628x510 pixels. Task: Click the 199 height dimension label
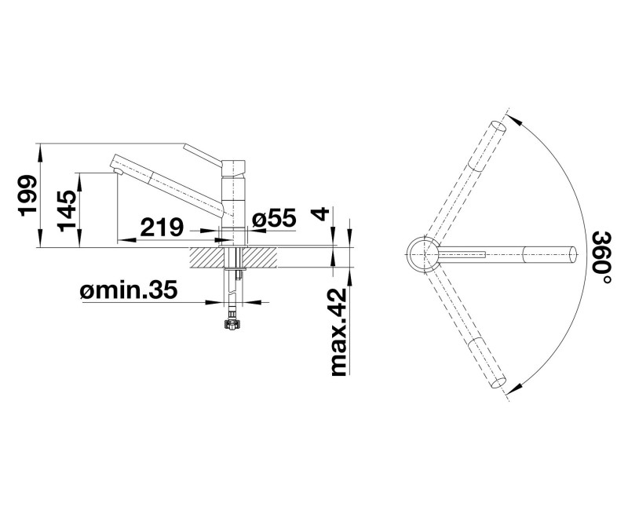[28, 195]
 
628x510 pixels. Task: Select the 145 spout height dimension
[66, 209]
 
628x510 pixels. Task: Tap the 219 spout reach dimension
[161, 228]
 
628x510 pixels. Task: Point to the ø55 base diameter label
[274, 219]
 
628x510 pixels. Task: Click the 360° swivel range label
[601, 258]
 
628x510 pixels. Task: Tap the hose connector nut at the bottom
[232, 324]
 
